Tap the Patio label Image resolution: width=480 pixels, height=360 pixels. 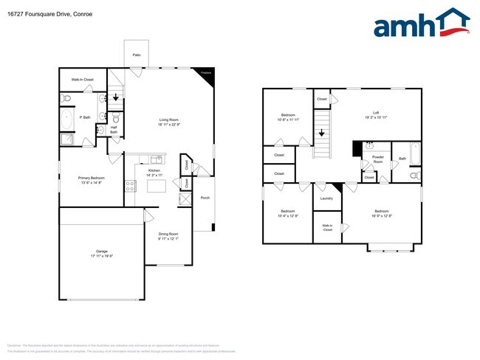pyautogui.click(x=137, y=55)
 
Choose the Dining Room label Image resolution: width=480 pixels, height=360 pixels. pyautogui.click(x=169, y=237)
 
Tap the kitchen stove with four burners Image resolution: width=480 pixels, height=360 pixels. pyautogui.click(x=130, y=187)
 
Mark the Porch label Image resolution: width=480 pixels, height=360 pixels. pyautogui.click(x=205, y=198)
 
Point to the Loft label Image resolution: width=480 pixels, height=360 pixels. pyautogui.click(x=376, y=114)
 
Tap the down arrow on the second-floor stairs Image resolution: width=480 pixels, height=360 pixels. pyautogui.click(x=321, y=134)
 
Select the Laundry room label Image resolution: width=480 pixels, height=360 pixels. pyautogui.click(x=326, y=198)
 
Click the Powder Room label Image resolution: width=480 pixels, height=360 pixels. pyautogui.click(x=377, y=159)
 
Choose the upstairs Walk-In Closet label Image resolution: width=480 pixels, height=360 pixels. pyautogui.click(x=326, y=229)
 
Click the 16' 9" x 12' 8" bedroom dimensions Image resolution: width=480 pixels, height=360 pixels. pyautogui.click(x=382, y=216)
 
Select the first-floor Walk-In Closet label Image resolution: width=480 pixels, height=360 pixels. pyautogui.click(x=82, y=79)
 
